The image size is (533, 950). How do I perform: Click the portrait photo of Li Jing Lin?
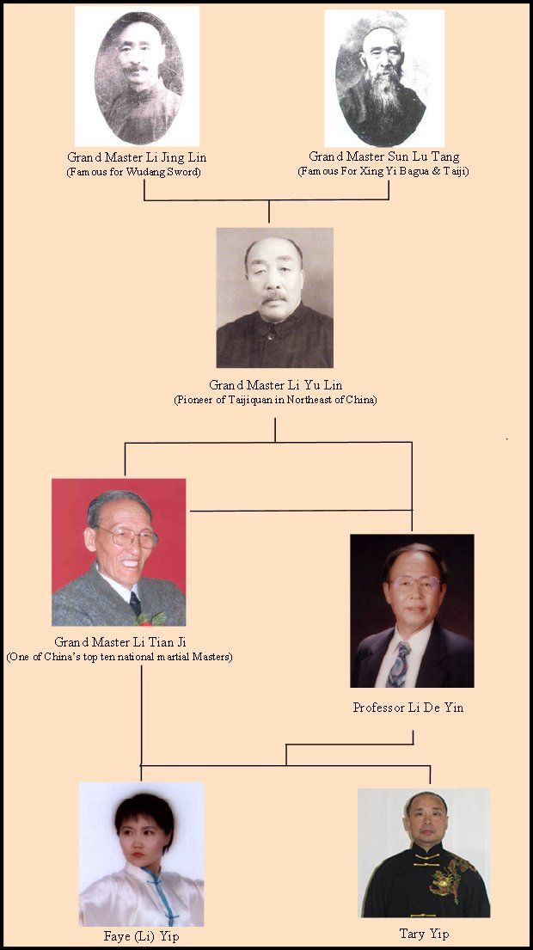(x=137, y=76)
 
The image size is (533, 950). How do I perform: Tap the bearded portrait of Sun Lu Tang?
(x=384, y=78)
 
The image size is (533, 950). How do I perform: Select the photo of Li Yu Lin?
(x=274, y=297)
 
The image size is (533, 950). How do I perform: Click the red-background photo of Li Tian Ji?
(x=119, y=552)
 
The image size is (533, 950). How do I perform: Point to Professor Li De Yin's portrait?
(x=412, y=610)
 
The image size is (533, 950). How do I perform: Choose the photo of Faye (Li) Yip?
(x=141, y=855)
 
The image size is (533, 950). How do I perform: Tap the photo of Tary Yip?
(x=424, y=853)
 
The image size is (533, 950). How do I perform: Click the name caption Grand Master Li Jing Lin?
(x=137, y=157)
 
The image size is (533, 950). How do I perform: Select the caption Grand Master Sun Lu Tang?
(x=384, y=157)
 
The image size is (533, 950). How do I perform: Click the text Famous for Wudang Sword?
(x=134, y=172)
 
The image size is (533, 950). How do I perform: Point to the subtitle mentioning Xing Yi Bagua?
(x=383, y=171)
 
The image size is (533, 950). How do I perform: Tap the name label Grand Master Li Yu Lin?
(x=276, y=384)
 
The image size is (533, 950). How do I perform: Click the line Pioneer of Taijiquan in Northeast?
(x=276, y=400)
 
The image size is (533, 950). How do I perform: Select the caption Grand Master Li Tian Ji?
(x=119, y=642)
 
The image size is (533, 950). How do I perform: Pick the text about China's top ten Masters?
(x=119, y=657)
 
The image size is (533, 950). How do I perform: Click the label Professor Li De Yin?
(x=408, y=707)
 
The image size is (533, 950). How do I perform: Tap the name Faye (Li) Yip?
(x=142, y=936)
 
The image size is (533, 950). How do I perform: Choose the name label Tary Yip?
(x=424, y=934)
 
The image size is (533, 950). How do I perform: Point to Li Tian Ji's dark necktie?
(x=135, y=604)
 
